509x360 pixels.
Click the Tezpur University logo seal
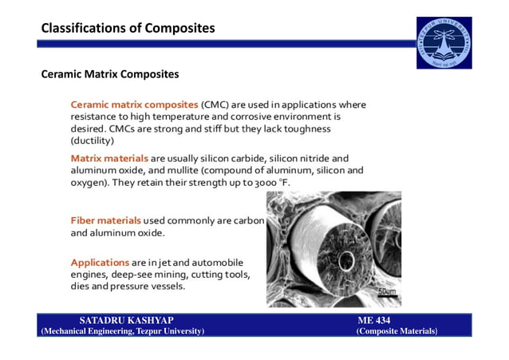pos(445,43)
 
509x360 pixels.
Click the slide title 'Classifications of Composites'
pos(128,29)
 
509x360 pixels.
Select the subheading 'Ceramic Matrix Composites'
pos(110,75)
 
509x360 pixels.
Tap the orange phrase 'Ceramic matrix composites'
pos(134,105)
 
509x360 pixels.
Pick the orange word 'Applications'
pos(101,262)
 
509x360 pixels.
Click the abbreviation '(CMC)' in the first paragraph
pos(216,105)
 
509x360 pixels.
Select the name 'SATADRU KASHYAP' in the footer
pos(127,320)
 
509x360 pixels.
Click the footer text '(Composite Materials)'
pos(397,330)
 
